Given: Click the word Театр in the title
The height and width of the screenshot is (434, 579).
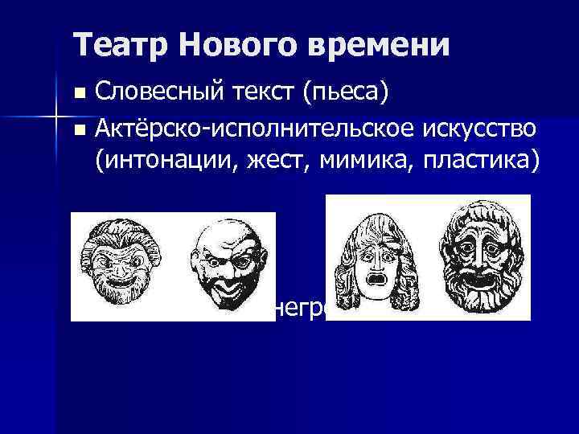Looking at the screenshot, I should point(121,45).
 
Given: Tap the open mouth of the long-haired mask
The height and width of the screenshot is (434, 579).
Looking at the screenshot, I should point(372,281).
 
